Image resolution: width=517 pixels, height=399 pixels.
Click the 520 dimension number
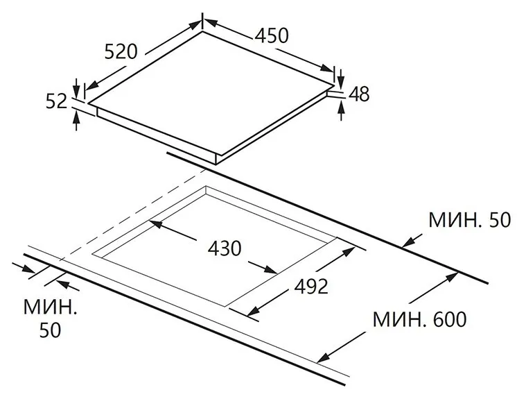121,52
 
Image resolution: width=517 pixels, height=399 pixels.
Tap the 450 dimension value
272,35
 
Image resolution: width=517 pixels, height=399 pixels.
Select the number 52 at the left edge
56,101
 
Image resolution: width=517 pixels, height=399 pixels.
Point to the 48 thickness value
359,94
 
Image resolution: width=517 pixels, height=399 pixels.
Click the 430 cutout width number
225,248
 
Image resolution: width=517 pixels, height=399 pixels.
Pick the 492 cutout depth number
311,286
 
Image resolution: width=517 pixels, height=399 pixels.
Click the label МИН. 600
419,319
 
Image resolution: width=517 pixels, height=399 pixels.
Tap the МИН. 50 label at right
469,219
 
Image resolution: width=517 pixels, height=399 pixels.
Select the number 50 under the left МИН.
50,330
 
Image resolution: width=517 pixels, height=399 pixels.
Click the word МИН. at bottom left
50,307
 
